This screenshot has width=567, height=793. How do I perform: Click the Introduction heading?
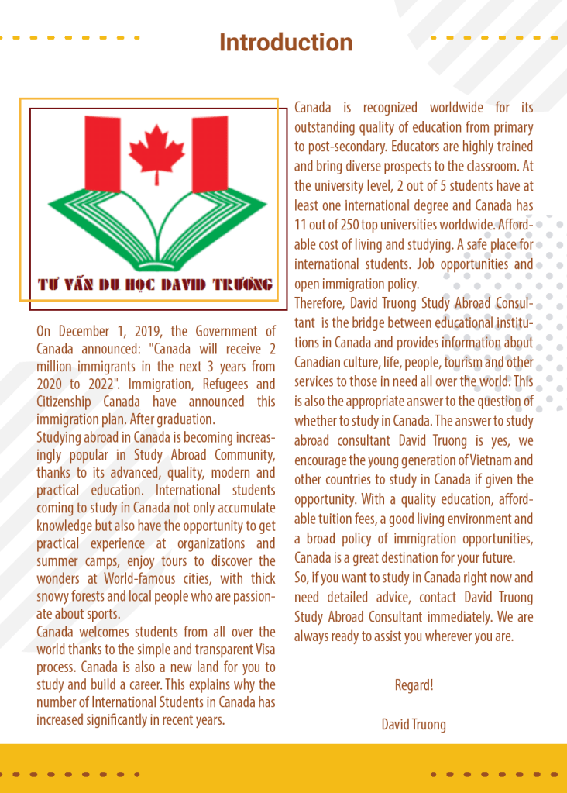[x=286, y=42]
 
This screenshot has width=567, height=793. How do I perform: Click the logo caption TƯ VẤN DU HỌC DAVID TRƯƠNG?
[x=156, y=284]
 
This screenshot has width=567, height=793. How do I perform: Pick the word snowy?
[x=53, y=596]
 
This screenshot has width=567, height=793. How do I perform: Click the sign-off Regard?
[x=414, y=685]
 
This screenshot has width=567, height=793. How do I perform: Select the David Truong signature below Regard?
[x=414, y=724]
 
